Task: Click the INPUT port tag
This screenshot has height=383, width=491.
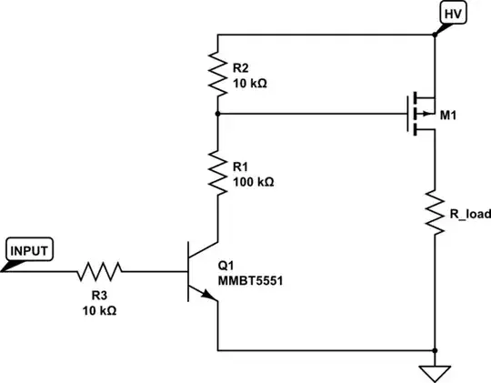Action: click(x=30, y=248)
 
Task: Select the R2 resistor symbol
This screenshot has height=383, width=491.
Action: click(x=217, y=76)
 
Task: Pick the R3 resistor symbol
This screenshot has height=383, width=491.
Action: click(x=99, y=271)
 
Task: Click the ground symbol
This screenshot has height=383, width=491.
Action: click(x=436, y=371)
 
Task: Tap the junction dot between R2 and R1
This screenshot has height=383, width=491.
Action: click(x=217, y=115)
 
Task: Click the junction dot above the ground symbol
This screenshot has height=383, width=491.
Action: click(x=436, y=350)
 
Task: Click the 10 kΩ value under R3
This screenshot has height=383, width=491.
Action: click(x=98, y=309)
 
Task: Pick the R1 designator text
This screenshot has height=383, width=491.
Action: click(x=241, y=166)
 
